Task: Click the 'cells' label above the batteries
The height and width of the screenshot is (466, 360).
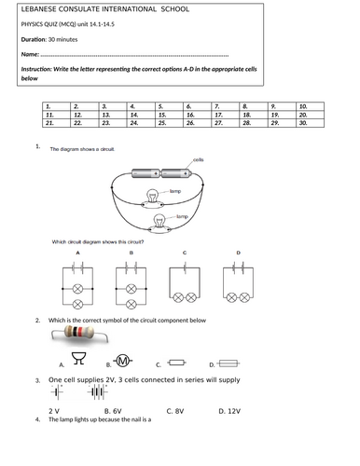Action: coord(198,159)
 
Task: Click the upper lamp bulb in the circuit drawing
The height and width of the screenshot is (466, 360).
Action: coord(151,195)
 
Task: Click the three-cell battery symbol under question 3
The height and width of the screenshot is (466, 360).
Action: coord(96,392)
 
